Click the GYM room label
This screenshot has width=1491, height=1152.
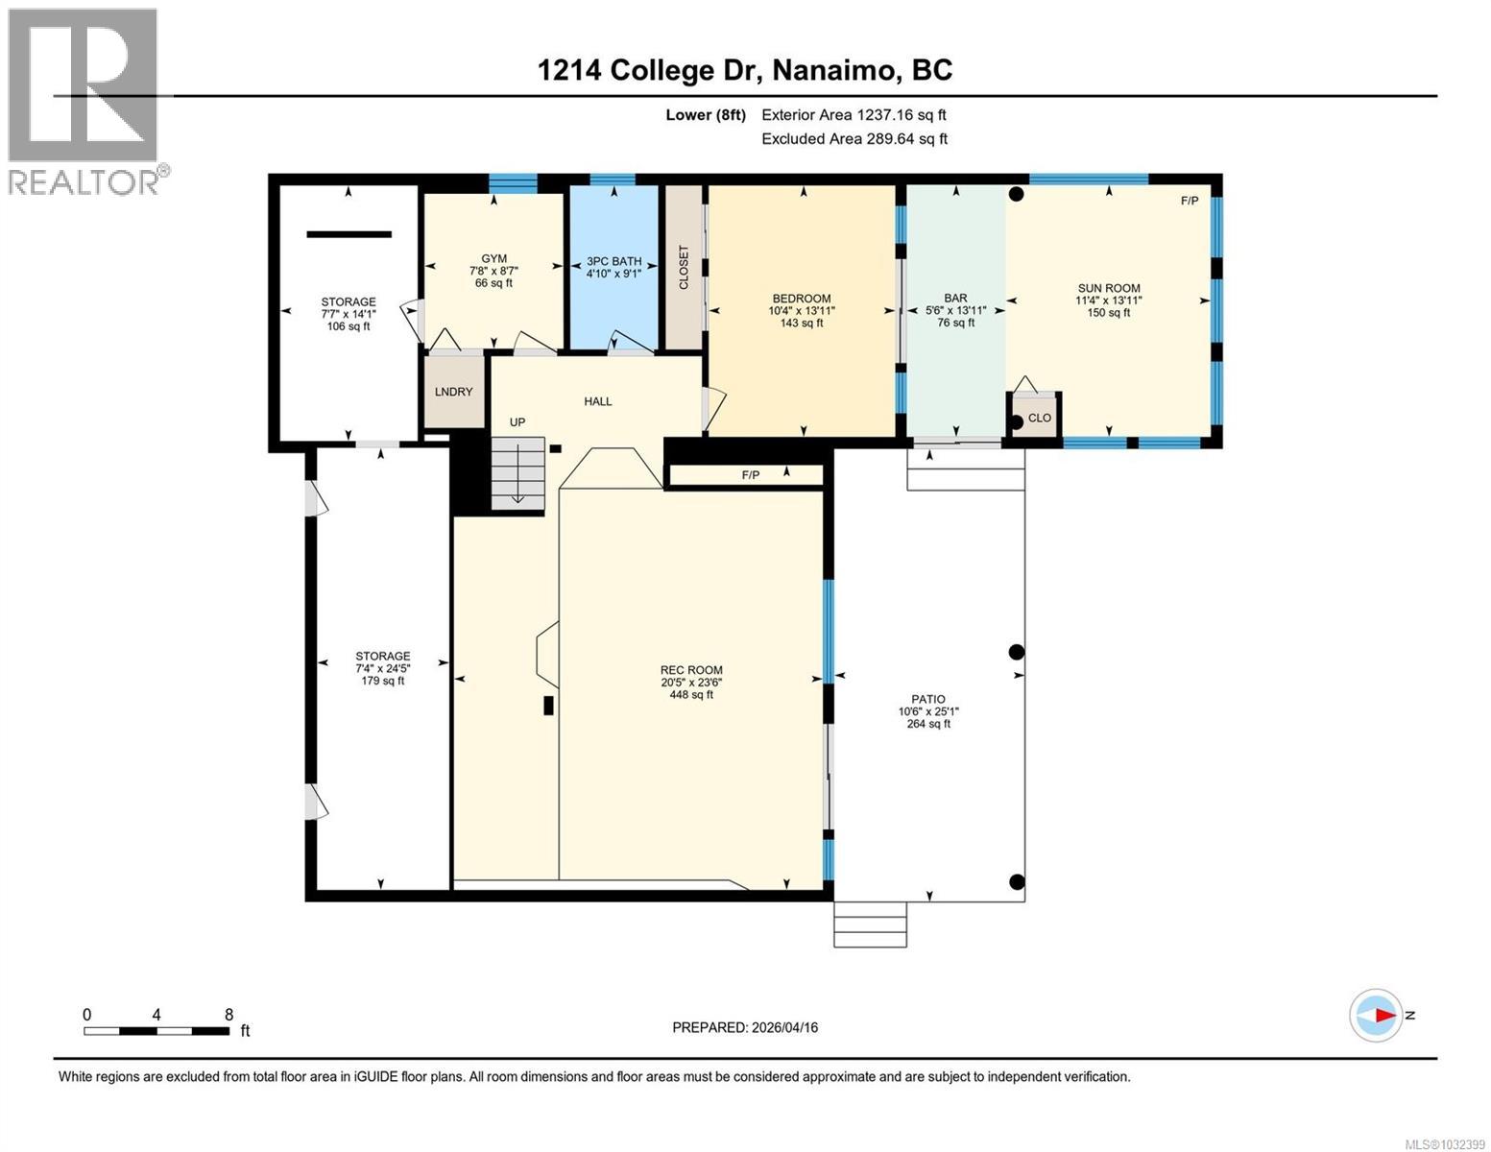(x=493, y=259)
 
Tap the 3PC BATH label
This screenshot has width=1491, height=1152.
(x=613, y=261)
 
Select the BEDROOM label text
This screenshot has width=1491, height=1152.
(x=801, y=299)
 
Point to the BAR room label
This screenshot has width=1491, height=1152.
(x=955, y=299)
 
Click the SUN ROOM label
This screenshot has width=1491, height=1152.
(x=1108, y=288)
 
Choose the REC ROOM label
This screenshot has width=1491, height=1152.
(x=691, y=670)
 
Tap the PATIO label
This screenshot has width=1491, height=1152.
(x=927, y=699)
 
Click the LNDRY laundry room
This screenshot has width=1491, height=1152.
(x=454, y=392)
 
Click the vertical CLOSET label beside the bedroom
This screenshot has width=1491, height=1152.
(x=684, y=267)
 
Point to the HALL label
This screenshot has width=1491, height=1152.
(x=598, y=401)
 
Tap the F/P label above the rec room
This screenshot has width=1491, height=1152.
(x=750, y=475)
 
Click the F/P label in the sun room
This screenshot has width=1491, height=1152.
(x=1189, y=201)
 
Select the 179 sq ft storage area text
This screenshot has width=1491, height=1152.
(x=382, y=681)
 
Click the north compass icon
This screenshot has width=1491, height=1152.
(x=1376, y=1015)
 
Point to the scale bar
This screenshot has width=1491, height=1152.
(x=156, y=1031)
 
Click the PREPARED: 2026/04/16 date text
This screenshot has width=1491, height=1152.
(x=745, y=1027)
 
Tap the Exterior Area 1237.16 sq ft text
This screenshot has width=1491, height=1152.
(x=854, y=115)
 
